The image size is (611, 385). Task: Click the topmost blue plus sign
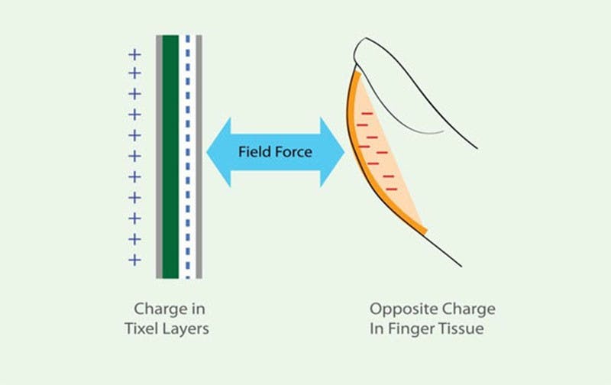coord(134,54)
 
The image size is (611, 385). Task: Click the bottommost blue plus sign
coord(134,260)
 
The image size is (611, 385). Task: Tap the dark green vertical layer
coord(170,157)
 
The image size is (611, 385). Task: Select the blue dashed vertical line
coord(189,157)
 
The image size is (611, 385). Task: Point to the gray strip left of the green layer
coord(159,157)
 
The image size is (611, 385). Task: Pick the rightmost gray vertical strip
coord(199,157)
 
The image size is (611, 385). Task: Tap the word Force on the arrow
coord(296,151)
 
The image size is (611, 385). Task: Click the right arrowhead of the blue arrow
coord(333,151)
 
